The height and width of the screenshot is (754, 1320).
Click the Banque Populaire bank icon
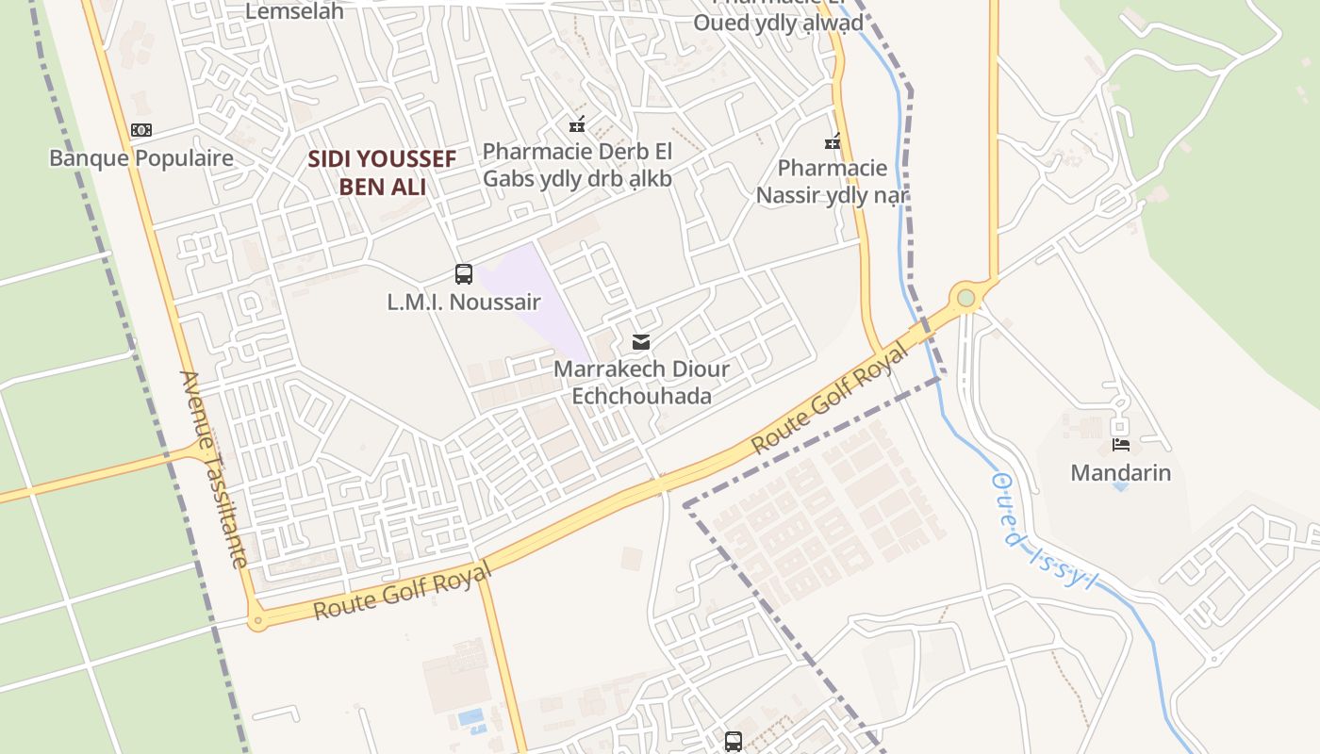141,130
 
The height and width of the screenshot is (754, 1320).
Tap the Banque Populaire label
141,157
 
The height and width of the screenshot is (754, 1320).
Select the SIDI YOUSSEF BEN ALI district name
382,172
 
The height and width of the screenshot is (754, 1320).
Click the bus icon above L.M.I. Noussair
463,274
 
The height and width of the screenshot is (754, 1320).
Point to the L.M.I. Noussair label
463,303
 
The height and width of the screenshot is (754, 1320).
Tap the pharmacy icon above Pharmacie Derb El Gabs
577,123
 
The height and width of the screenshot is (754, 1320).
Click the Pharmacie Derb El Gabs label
577,164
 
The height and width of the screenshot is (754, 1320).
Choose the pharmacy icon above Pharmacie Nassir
833,141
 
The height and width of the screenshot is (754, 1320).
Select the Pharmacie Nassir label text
832,182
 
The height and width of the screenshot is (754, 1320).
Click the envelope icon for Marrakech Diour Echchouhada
641,341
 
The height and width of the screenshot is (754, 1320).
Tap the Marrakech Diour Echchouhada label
641,382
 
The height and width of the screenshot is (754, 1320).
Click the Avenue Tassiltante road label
214,469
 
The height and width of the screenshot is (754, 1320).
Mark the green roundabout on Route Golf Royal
965,298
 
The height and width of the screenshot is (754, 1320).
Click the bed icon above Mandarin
1121,444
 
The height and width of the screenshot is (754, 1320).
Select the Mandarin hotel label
1121,472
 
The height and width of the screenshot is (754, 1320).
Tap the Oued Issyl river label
1044,529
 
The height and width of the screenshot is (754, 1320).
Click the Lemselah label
294,12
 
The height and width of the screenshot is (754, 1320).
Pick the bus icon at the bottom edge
734,741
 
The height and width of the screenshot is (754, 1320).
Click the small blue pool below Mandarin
1120,486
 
